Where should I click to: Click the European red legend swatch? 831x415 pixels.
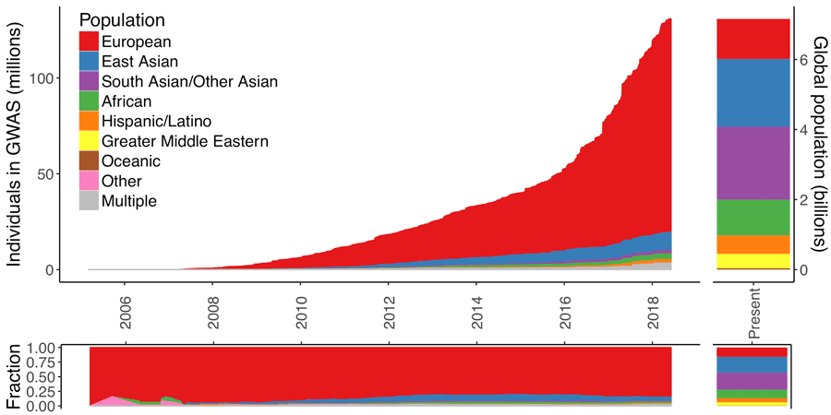[x=90, y=41]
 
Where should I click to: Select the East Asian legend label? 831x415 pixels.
[x=140, y=62]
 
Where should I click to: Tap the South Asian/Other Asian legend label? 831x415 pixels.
[x=189, y=81]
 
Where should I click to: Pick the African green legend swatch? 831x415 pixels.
[x=90, y=101]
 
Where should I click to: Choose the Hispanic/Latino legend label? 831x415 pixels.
[x=156, y=121]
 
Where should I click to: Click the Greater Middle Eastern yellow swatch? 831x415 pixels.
[x=90, y=141]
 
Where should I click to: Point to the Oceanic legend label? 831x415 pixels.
[x=131, y=161]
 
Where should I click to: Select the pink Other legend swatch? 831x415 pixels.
[x=90, y=181]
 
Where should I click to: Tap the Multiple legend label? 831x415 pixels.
[x=129, y=201]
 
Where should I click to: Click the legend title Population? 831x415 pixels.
[x=123, y=20]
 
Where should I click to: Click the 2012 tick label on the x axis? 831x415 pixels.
[x=389, y=305]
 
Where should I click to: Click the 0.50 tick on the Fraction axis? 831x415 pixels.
[x=42, y=376]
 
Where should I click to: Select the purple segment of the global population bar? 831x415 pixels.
[x=753, y=162]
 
